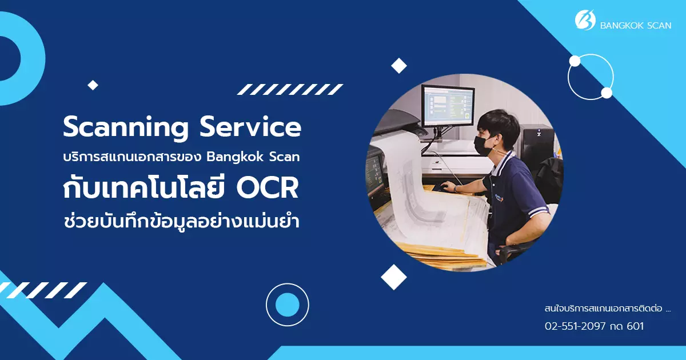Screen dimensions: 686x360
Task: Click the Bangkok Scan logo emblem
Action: [x=585, y=20]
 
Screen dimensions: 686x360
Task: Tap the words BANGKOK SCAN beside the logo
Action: [x=636, y=25]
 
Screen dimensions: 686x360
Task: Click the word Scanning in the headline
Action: [x=126, y=127]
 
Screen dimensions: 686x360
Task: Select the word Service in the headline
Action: [x=250, y=127]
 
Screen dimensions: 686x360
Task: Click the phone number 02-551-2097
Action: [x=575, y=326]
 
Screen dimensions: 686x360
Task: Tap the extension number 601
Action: [x=635, y=326]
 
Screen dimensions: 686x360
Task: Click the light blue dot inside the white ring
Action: [x=287, y=305]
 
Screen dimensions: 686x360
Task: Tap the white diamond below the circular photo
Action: [x=394, y=277]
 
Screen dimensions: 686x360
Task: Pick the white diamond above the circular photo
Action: [x=399, y=66]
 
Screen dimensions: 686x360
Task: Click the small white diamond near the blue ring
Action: [x=93, y=85]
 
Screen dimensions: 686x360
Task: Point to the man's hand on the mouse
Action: [x=448, y=186]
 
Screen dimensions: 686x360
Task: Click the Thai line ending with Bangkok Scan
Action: [x=181, y=157]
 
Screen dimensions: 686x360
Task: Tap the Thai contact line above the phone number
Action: [x=608, y=308]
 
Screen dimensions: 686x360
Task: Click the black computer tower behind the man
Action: [x=539, y=144]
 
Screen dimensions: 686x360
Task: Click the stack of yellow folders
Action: [x=444, y=251]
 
